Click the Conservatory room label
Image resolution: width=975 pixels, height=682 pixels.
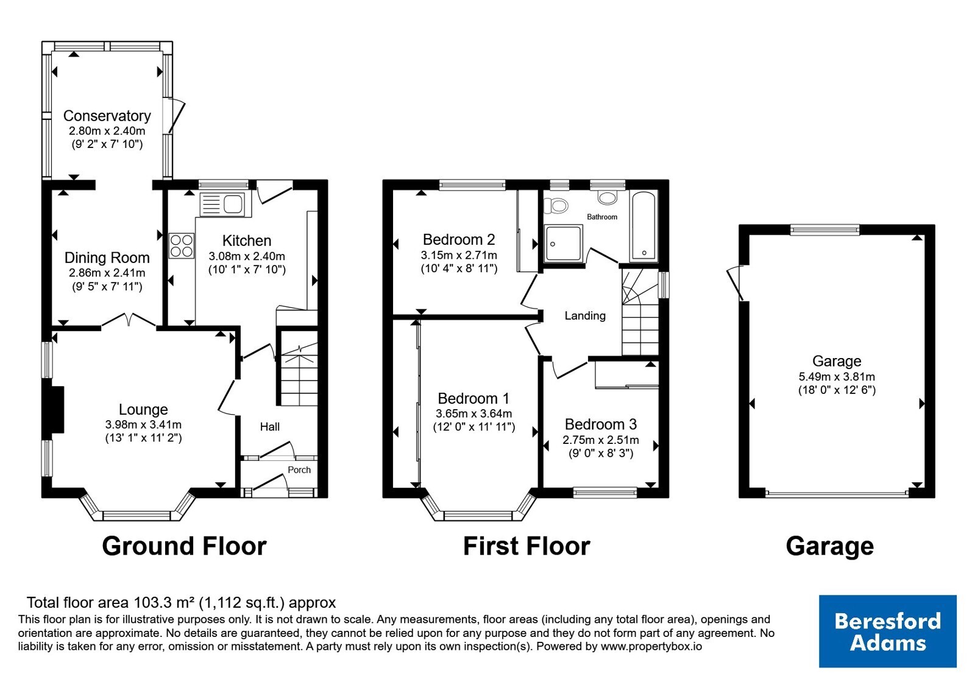coord(107,116)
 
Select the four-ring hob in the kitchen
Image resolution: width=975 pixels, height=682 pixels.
coord(182,246)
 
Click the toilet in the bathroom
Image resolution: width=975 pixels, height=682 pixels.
coord(556,205)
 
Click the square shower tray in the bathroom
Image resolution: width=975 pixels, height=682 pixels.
coord(563,244)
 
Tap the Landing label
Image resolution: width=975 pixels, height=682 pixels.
coord(585,316)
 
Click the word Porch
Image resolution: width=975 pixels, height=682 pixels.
coord(299,469)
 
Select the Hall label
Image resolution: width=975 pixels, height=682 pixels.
coord(270,427)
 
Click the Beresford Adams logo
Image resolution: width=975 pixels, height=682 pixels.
coord(887,631)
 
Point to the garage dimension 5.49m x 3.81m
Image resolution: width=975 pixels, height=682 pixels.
coord(837,377)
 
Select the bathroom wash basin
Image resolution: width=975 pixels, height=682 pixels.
coord(608,198)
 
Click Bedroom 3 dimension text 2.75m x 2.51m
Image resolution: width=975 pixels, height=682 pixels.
coord(601,440)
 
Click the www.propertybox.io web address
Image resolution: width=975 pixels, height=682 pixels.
coord(651,646)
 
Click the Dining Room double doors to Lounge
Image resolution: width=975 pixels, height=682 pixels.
coord(129,320)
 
